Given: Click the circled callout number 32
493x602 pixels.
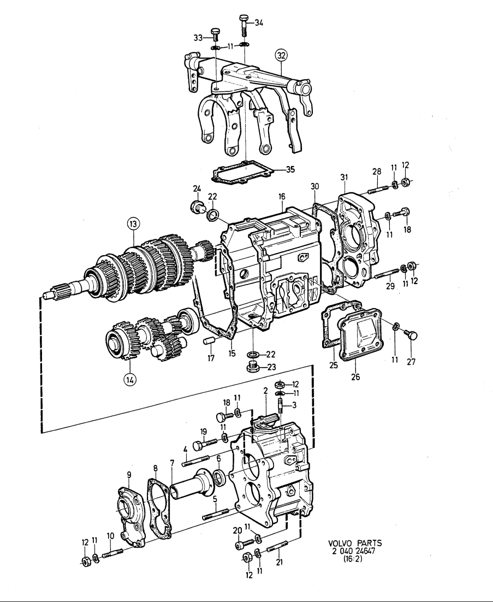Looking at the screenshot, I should [x=281, y=56].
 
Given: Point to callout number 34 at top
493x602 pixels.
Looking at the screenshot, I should [x=259, y=22].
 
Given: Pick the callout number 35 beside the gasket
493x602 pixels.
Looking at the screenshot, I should [x=289, y=169].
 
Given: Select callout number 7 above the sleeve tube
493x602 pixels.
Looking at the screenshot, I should [x=172, y=464].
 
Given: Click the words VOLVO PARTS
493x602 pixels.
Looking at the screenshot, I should [x=355, y=543].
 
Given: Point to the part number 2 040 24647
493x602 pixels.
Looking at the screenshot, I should [x=355, y=551].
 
